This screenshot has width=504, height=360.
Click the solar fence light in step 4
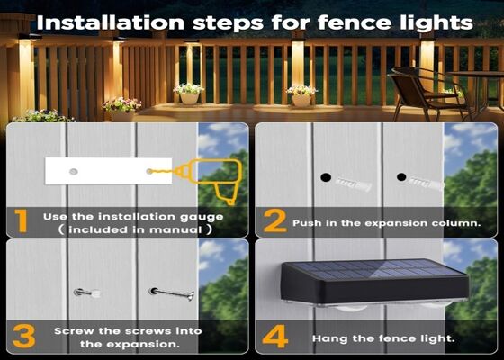(x=373, y=284)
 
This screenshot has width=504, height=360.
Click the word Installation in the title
(x=121, y=21)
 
